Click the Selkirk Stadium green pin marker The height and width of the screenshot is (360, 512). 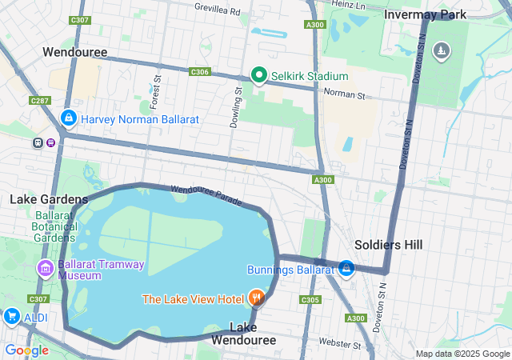(259, 76)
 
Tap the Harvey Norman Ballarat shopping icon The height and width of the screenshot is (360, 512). (69, 119)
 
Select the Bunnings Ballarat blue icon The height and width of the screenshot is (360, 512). (346, 269)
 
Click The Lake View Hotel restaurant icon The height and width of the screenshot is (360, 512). (256, 299)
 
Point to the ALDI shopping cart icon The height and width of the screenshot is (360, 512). (11, 317)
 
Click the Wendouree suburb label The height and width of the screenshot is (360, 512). (75, 52)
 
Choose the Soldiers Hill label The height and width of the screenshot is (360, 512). (389, 245)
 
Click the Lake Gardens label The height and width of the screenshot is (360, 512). (49, 198)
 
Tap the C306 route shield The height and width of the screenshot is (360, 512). (200, 72)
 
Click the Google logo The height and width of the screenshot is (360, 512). (26, 350)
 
